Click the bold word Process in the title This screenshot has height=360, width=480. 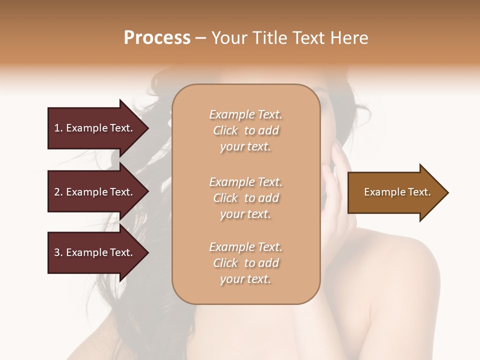coord(157,38)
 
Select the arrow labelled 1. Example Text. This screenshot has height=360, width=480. coord(95,128)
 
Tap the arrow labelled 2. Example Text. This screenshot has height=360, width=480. coord(95,192)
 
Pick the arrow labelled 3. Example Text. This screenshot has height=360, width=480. coord(95,252)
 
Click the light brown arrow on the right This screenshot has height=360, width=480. coord(395,192)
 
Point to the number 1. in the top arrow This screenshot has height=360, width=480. coord(58,128)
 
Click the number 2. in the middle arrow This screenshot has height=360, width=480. coord(58,192)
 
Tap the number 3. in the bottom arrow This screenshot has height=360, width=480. coord(58,252)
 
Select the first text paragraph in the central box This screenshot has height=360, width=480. coord(245,130)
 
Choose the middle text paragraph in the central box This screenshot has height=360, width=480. coord(245,198)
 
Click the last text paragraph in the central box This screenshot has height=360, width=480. coord(245,263)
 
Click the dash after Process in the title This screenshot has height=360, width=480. coord(201,38)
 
